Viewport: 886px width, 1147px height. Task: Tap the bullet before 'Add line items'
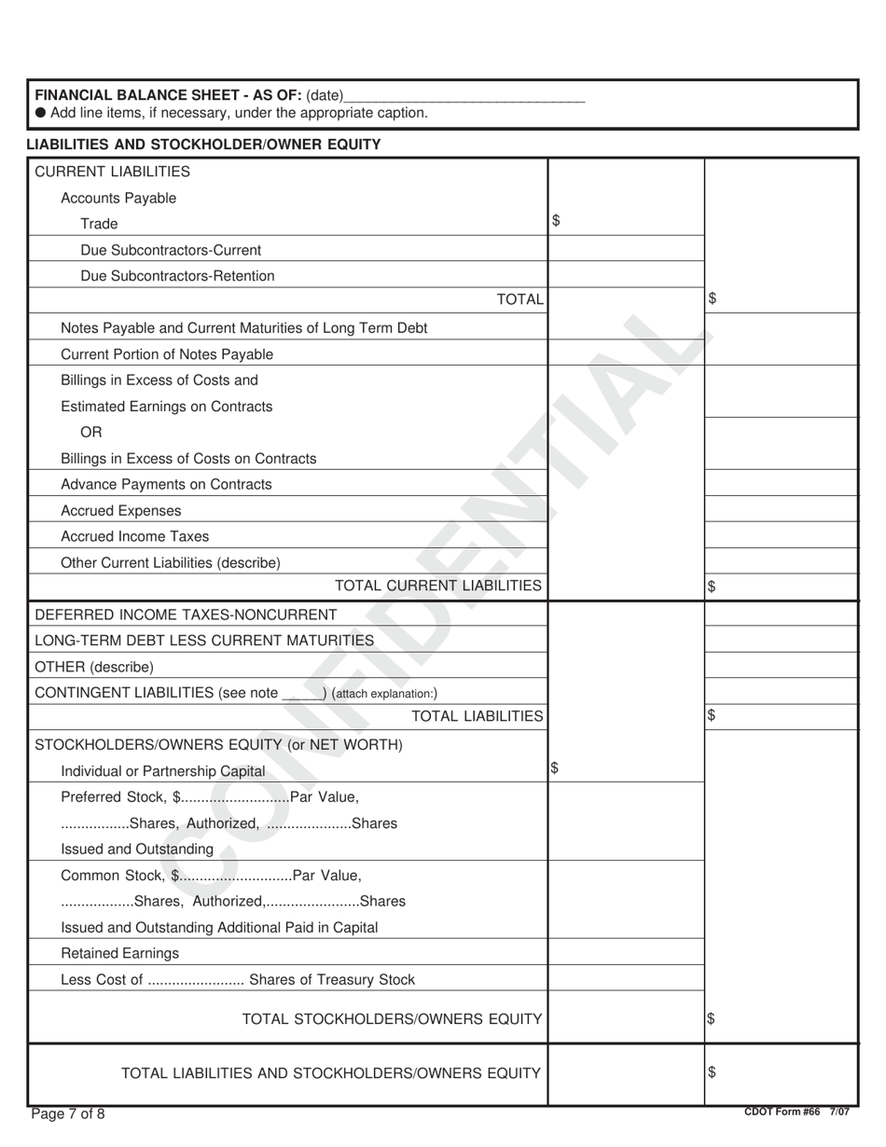40,113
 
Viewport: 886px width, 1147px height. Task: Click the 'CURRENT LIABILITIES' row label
112,172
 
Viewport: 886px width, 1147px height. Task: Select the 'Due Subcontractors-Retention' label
177,276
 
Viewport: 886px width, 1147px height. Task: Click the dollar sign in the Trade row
556,221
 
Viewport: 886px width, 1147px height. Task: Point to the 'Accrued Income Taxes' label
134,536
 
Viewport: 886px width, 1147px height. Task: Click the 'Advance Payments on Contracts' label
166,484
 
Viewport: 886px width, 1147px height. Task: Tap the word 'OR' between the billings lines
90,432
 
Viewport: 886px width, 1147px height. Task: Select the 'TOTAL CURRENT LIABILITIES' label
437,586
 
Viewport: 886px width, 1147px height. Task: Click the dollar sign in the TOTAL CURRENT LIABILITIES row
712,587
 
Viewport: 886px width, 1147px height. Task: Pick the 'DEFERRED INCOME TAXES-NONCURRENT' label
186,615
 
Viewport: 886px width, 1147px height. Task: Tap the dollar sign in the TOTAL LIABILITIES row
712,716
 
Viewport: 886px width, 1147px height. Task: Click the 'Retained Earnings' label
119,953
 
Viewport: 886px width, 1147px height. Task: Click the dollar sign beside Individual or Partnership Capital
555,768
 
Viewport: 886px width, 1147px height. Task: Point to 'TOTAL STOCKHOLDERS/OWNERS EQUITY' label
392,1018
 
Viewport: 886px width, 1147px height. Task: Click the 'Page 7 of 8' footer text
68,1113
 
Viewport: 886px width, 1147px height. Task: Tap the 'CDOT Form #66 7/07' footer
797,1112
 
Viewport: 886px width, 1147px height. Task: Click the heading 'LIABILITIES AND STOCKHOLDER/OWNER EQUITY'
203,145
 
